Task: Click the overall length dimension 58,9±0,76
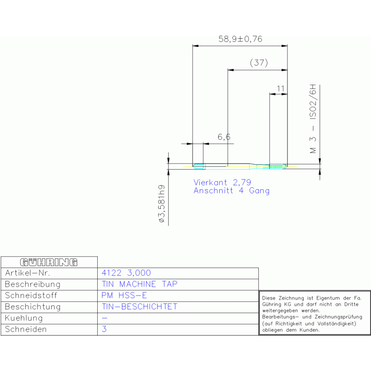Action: point(240,39)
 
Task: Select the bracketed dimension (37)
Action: point(259,63)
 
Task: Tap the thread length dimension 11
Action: point(281,89)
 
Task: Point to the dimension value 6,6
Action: point(224,137)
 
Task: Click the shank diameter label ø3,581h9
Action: point(162,204)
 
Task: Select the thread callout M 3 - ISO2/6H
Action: point(313,119)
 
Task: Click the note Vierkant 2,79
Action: point(222,182)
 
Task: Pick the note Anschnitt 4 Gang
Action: point(231,191)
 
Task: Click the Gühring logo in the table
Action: point(49,262)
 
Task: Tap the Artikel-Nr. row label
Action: point(28,273)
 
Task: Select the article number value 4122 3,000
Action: point(126,273)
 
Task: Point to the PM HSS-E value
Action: point(124,295)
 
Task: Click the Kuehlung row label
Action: point(24,318)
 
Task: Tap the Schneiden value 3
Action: point(104,329)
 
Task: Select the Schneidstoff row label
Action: point(31,295)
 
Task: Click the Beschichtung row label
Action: point(33,307)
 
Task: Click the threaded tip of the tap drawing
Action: point(279,166)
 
